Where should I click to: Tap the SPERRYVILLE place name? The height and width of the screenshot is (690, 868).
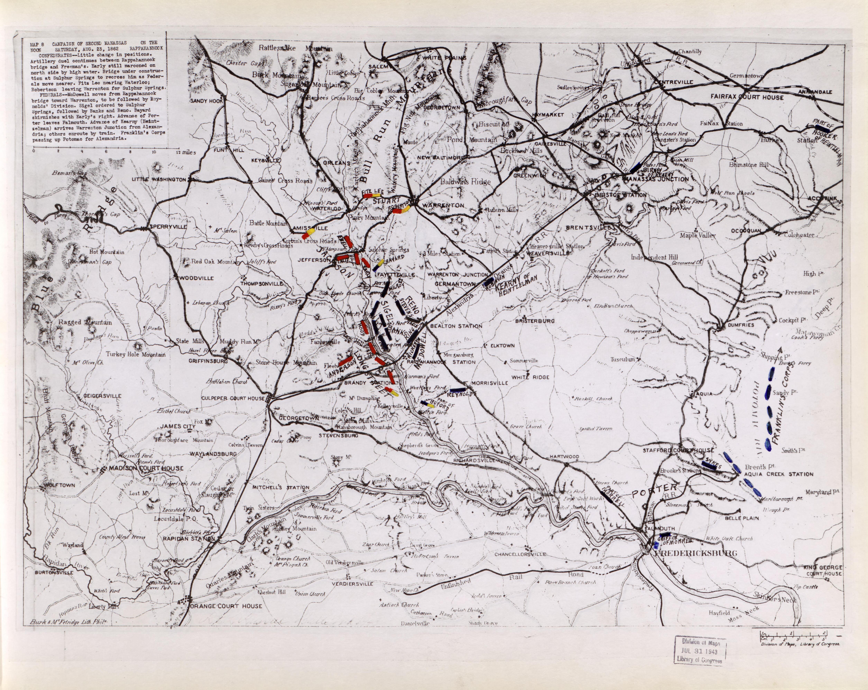coord(168,227)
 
